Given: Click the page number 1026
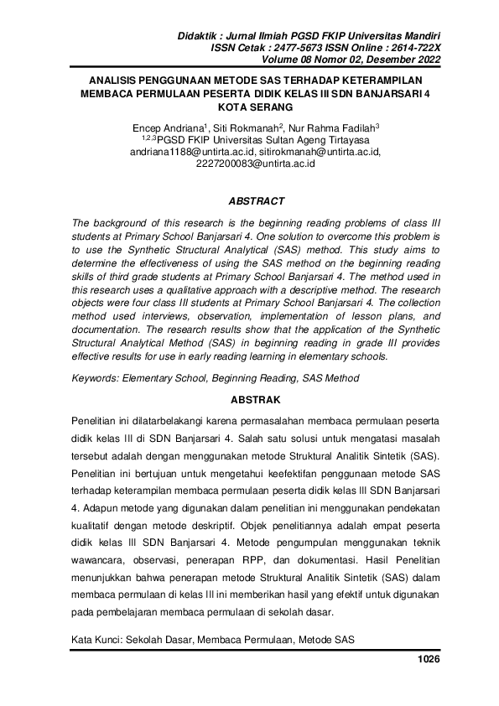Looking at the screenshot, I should [428, 659].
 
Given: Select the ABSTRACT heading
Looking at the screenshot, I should [257, 201].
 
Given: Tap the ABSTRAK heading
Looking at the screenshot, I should [257, 400].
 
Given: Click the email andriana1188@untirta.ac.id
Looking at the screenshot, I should [191, 153].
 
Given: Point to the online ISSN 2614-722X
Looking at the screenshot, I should [412, 49].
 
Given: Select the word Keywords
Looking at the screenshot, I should [96, 378].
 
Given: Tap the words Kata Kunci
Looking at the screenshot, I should [97, 640].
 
